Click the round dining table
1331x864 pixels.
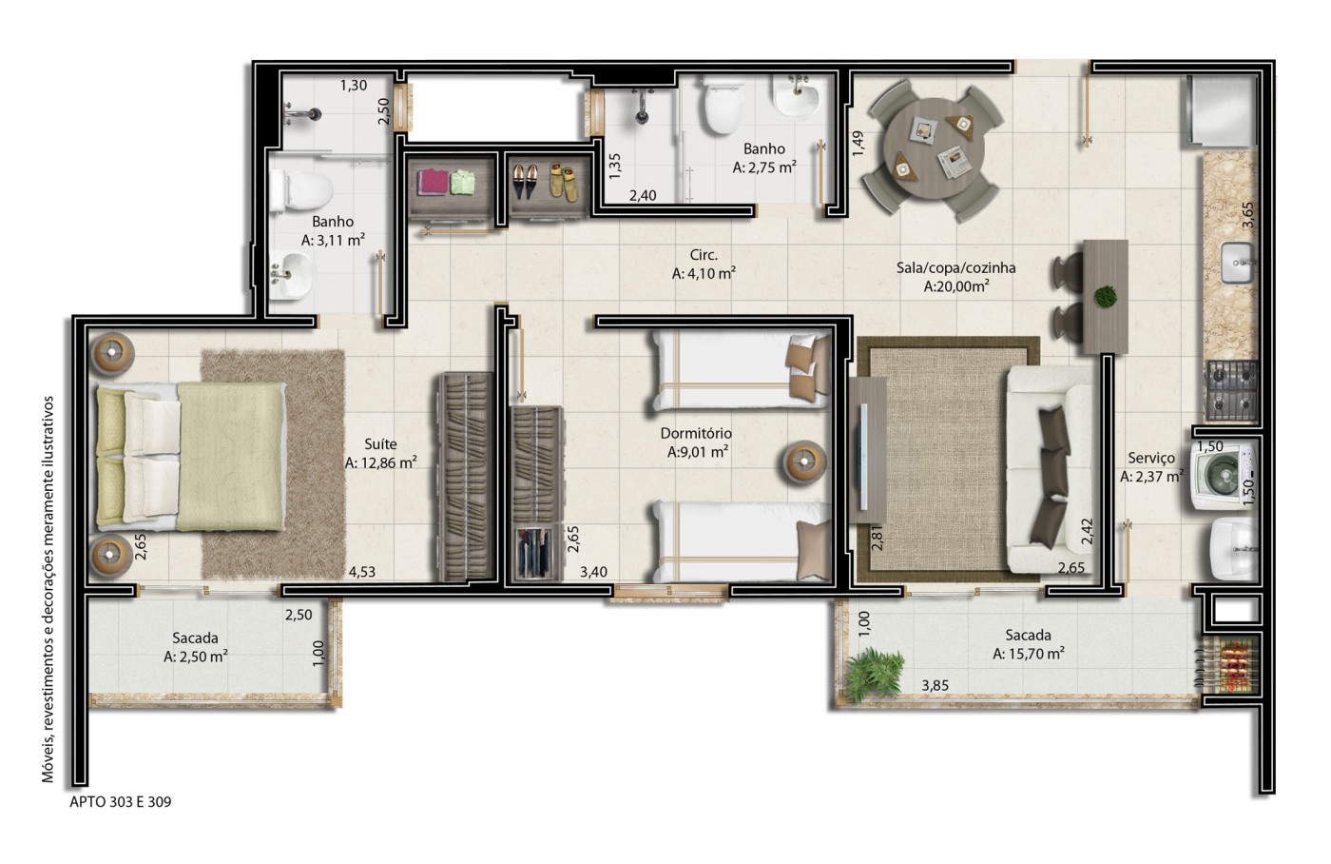[934, 148]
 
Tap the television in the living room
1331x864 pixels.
[863, 457]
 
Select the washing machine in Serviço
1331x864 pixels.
[1223, 477]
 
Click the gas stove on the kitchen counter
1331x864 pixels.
[1232, 391]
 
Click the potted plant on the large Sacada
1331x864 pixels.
[874, 674]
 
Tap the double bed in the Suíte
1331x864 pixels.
[190, 457]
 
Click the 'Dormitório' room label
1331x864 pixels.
[696, 434]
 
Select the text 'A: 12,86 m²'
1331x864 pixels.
[380, 462]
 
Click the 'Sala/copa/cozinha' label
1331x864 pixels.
[955, 267]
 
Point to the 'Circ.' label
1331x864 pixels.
[704, 255]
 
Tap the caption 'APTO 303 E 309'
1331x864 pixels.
[121, 802]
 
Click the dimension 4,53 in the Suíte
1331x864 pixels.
[362, 572]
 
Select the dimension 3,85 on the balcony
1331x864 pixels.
[936, 686]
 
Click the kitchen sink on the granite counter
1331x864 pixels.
[1238, 263]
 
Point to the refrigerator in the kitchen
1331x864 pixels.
[1221, 111]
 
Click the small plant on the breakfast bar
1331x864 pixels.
[1105, 296]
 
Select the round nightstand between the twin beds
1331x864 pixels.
[804, 462]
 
